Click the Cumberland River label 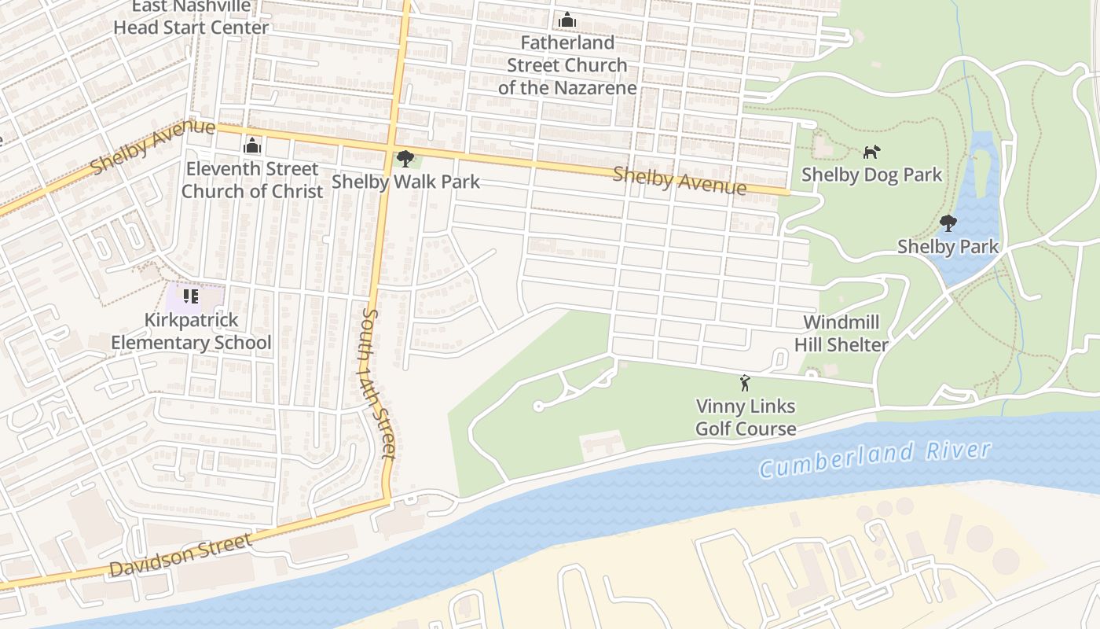coord(874,458)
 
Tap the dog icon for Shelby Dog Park coord(871,152)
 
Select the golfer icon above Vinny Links coord(745,384)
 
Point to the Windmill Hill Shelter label coord(841,333)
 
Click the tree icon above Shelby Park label coord(948,223)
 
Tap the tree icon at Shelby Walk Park coord(405,159)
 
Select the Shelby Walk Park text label coord(405,182)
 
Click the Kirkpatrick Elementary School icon coord(190,296)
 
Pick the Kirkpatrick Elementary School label coord(191,332)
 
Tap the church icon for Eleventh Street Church coord(251,145)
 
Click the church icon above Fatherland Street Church coord(566,20)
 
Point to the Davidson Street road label coord(181,554)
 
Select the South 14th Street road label coord(377,383)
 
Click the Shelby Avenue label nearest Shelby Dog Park coord(679,180)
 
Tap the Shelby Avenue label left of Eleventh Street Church coord(152,147)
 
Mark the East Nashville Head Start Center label coord(191,17)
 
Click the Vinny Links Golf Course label coord(746,417)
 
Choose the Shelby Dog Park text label coord(871,175)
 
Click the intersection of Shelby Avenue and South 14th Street coord(392,146)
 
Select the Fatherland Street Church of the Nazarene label coord(566,65)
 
